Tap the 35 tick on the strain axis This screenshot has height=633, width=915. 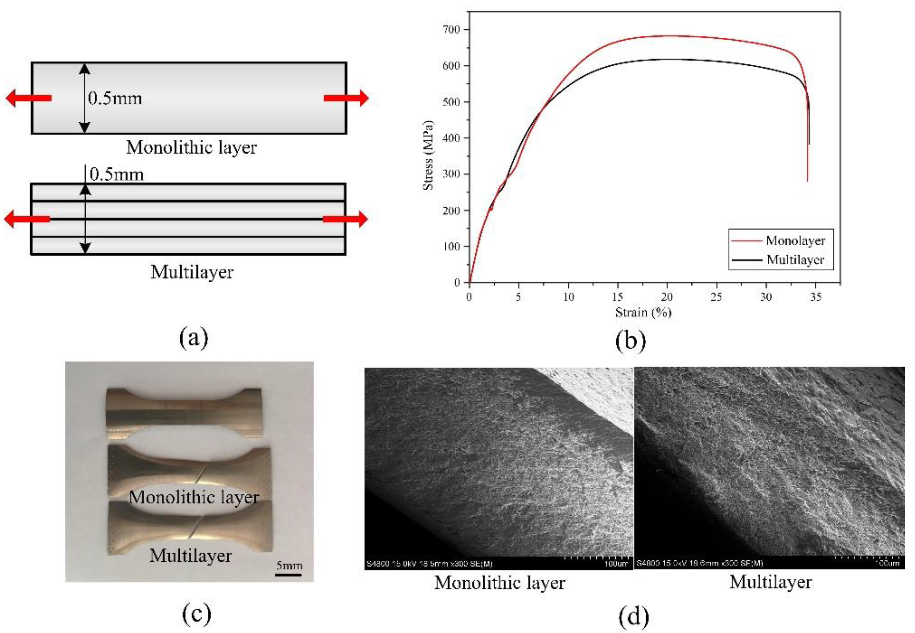[815, 297]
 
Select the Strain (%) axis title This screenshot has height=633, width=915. [643, 312]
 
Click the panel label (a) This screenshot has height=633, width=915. [194, 338]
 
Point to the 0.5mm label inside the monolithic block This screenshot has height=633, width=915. [115, 98]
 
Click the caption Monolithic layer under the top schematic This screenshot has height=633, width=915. [191, 147]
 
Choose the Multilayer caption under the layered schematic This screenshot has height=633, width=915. [192, 272]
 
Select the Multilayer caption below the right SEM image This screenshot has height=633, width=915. [770, 582]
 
